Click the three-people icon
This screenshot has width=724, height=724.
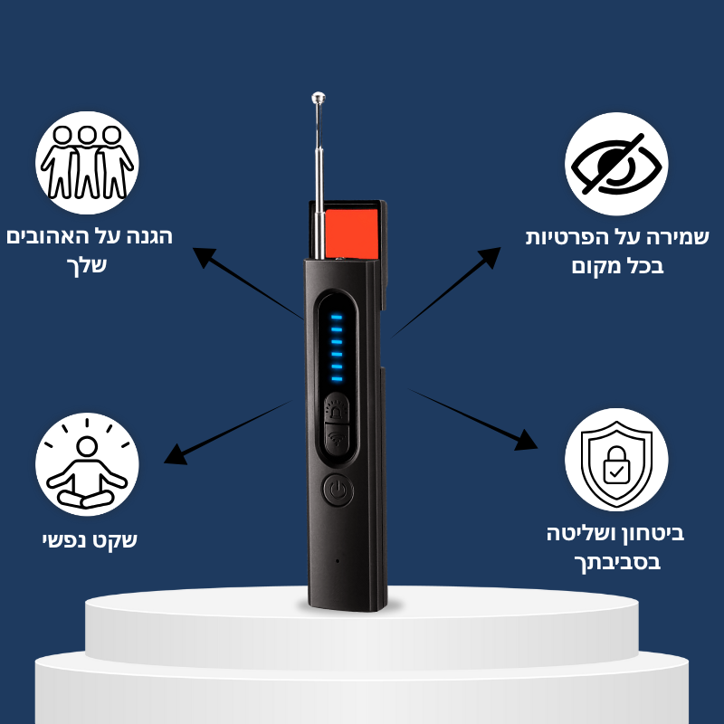pos(87,163)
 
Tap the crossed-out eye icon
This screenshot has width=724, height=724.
pos(616,164)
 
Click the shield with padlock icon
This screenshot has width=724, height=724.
pos(616,460)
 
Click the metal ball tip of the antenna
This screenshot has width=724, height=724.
pos(319,98)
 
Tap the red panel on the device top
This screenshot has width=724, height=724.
pos(352,233)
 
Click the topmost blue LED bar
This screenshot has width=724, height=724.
pos(337,318)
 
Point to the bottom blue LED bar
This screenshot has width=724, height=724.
pos(337,379)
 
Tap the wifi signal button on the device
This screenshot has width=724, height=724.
pos(338,439)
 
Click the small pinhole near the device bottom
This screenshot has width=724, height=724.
pos(338,561)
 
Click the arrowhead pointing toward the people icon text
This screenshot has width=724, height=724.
pos(204,257)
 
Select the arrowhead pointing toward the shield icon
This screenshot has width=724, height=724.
pos(527,441)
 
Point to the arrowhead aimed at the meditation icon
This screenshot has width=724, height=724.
pos(176,455)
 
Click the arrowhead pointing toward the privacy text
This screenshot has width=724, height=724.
pos(490,257)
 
